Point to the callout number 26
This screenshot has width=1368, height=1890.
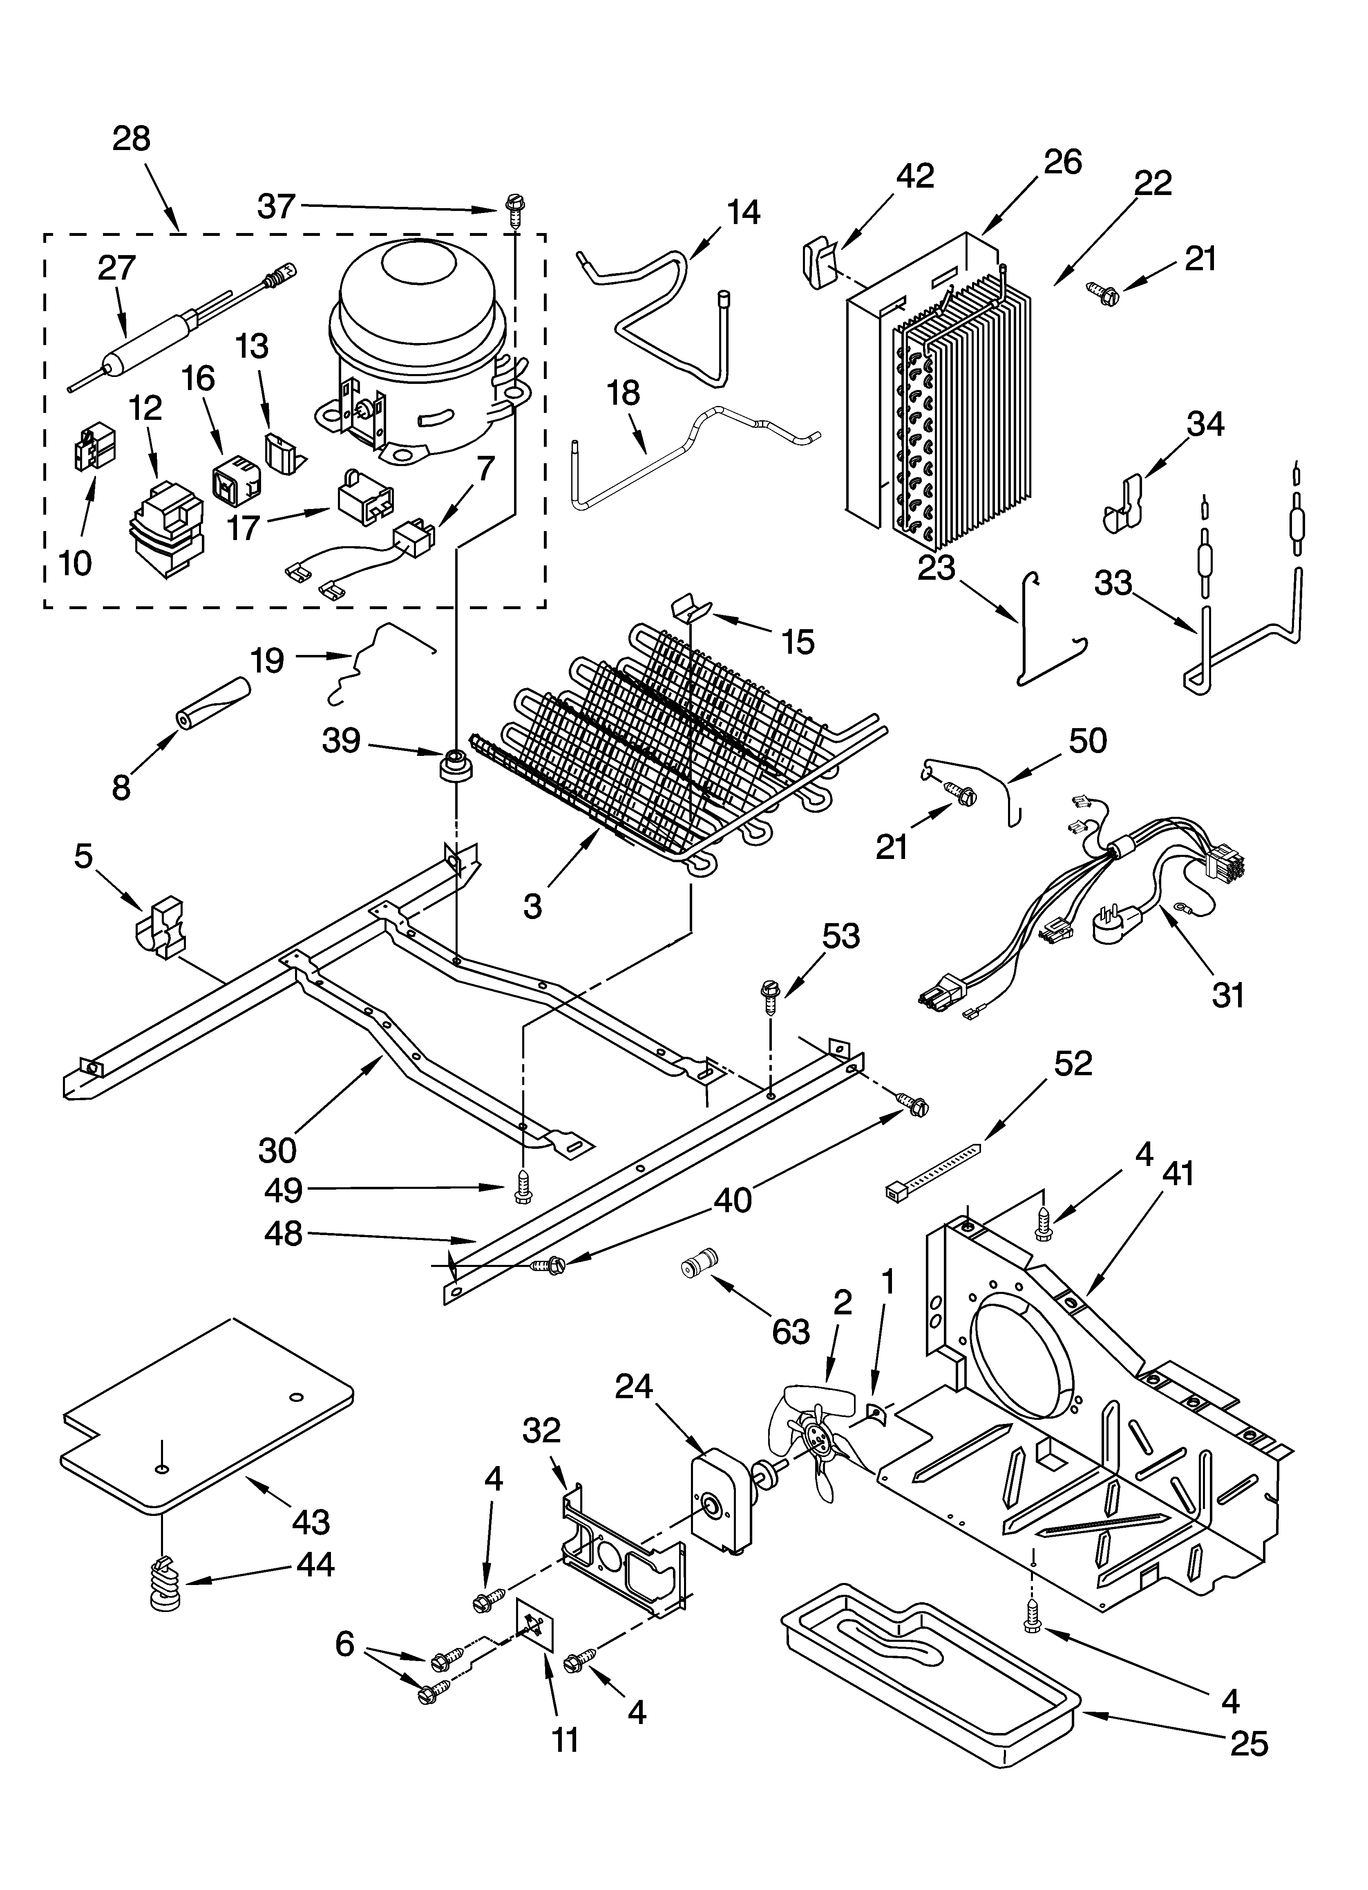click(x=1062, y=161)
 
